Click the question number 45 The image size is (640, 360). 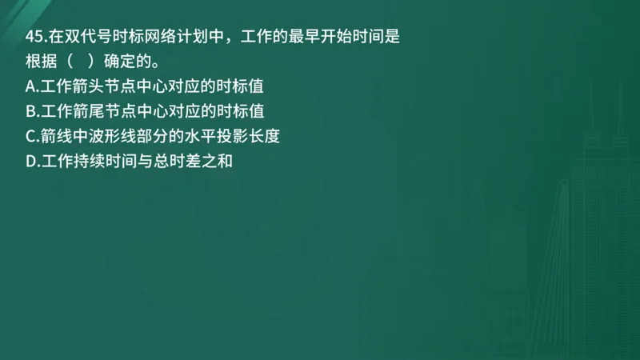[34, 37]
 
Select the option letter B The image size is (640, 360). [31, 111]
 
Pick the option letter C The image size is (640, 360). [31, 136]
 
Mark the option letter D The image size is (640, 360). [31, 161]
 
